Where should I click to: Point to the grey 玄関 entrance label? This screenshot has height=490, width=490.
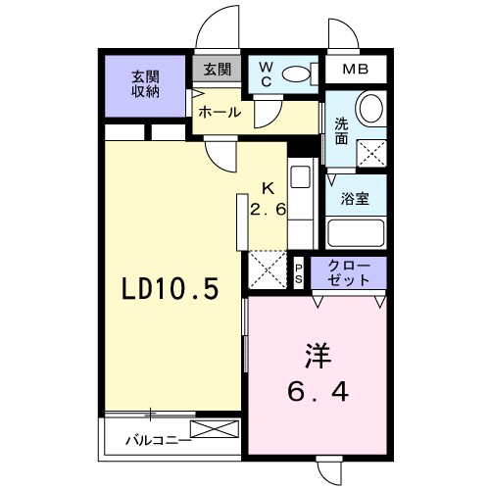(218, 70)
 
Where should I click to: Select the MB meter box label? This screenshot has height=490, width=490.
(356, 72)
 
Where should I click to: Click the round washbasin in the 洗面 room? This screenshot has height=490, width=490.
(370, 107)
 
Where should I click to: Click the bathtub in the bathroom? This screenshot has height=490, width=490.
(356, 233)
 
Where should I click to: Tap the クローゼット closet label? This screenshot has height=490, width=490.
(349, 273)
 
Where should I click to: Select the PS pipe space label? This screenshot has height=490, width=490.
(300, 273)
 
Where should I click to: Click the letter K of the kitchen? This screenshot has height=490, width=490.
(266, 190)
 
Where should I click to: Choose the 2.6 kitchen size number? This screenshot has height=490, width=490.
(266, 209)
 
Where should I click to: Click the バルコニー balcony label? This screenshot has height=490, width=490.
(157, 440)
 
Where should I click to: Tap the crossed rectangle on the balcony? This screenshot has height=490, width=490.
(214, 429)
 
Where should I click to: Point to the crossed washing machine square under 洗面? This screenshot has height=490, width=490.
(371, 153)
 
